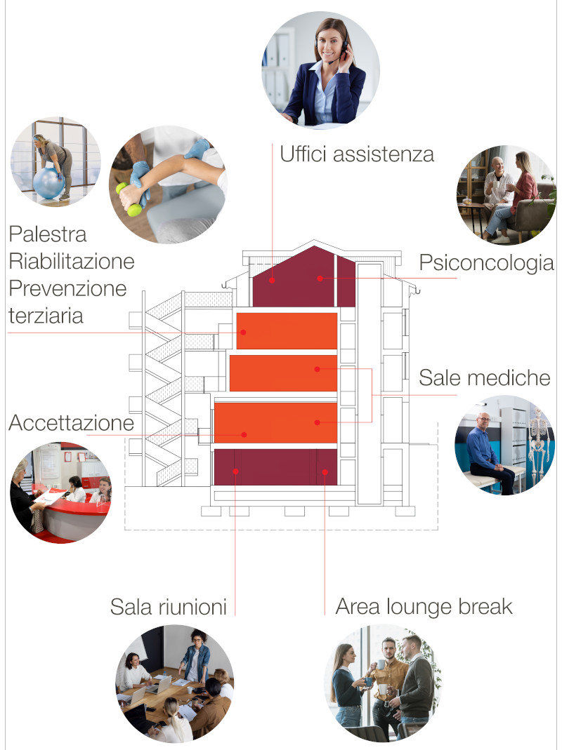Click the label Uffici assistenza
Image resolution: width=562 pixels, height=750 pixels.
click(x=357, y=154)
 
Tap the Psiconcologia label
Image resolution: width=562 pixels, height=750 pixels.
click(x=486, y=264)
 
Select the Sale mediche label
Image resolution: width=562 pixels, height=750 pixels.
click(x=484, y=377)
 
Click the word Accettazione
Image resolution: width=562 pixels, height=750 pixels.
click(x=71, y=423)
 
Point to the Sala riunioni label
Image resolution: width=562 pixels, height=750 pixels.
click(x=169, y=607)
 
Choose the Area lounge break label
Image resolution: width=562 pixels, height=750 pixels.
click(x=424, y=607)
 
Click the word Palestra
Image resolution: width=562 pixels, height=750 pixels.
click(x=48, y=234)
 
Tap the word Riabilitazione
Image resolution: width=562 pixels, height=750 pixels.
click(x=71, y=262)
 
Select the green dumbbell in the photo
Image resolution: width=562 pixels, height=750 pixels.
click(x=131, y=199)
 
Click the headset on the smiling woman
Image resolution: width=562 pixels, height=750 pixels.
click(x=344, y=43)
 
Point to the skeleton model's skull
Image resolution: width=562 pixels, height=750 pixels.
click(x=537, y=416)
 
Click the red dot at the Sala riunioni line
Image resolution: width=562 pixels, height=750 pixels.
click(x=235, y=471)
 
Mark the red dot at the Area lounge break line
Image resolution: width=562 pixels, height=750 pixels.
click(x=325, y=471)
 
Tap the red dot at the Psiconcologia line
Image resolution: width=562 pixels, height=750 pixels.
click(x=320, y=279)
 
